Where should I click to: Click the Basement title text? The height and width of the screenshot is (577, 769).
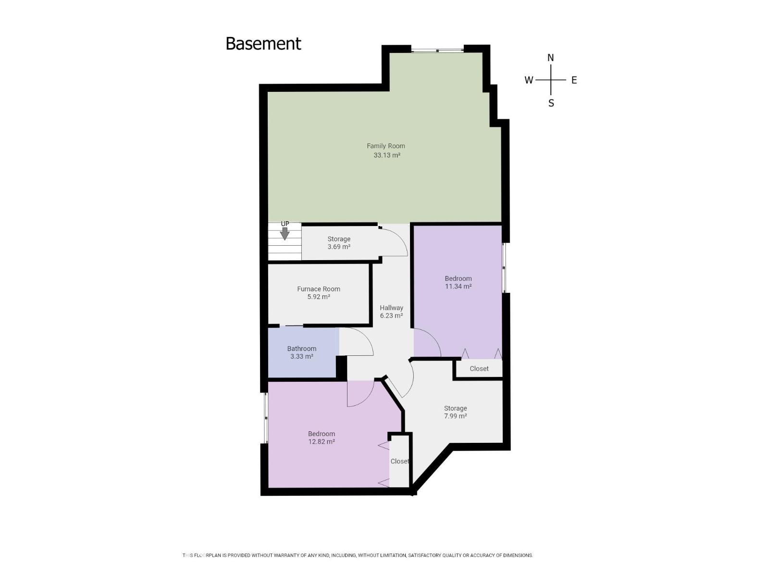click(263, 44)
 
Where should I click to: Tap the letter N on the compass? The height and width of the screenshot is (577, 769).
click(551, 58)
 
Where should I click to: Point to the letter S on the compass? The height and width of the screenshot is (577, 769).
click(551, 103)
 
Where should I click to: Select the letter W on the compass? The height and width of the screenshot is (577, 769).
click(529, 80)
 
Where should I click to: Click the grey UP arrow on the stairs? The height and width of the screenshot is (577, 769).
click(285, 234)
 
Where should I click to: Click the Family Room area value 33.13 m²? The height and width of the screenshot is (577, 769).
click(387, 155)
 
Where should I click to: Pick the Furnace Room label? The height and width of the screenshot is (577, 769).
click(318, 289)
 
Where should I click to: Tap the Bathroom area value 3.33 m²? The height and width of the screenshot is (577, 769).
click(301, 357)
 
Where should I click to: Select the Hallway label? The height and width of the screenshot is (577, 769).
click(391, 308)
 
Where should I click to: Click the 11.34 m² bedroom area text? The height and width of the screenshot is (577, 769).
click(458, 287)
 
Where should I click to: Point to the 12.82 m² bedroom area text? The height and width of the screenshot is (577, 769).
click(321, 441)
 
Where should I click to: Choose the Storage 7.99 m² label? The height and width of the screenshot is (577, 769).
click(455, 412)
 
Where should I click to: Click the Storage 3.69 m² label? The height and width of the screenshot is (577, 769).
click(339, 243)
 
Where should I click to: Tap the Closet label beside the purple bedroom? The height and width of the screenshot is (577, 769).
click(479, 369)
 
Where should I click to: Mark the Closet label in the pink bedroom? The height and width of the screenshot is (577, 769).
click(399, 461)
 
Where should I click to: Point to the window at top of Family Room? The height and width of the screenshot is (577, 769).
click(437, 49)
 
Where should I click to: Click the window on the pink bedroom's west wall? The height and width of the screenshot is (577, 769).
click(265, 418)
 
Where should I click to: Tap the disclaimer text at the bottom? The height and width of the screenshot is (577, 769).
click(358, 555)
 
